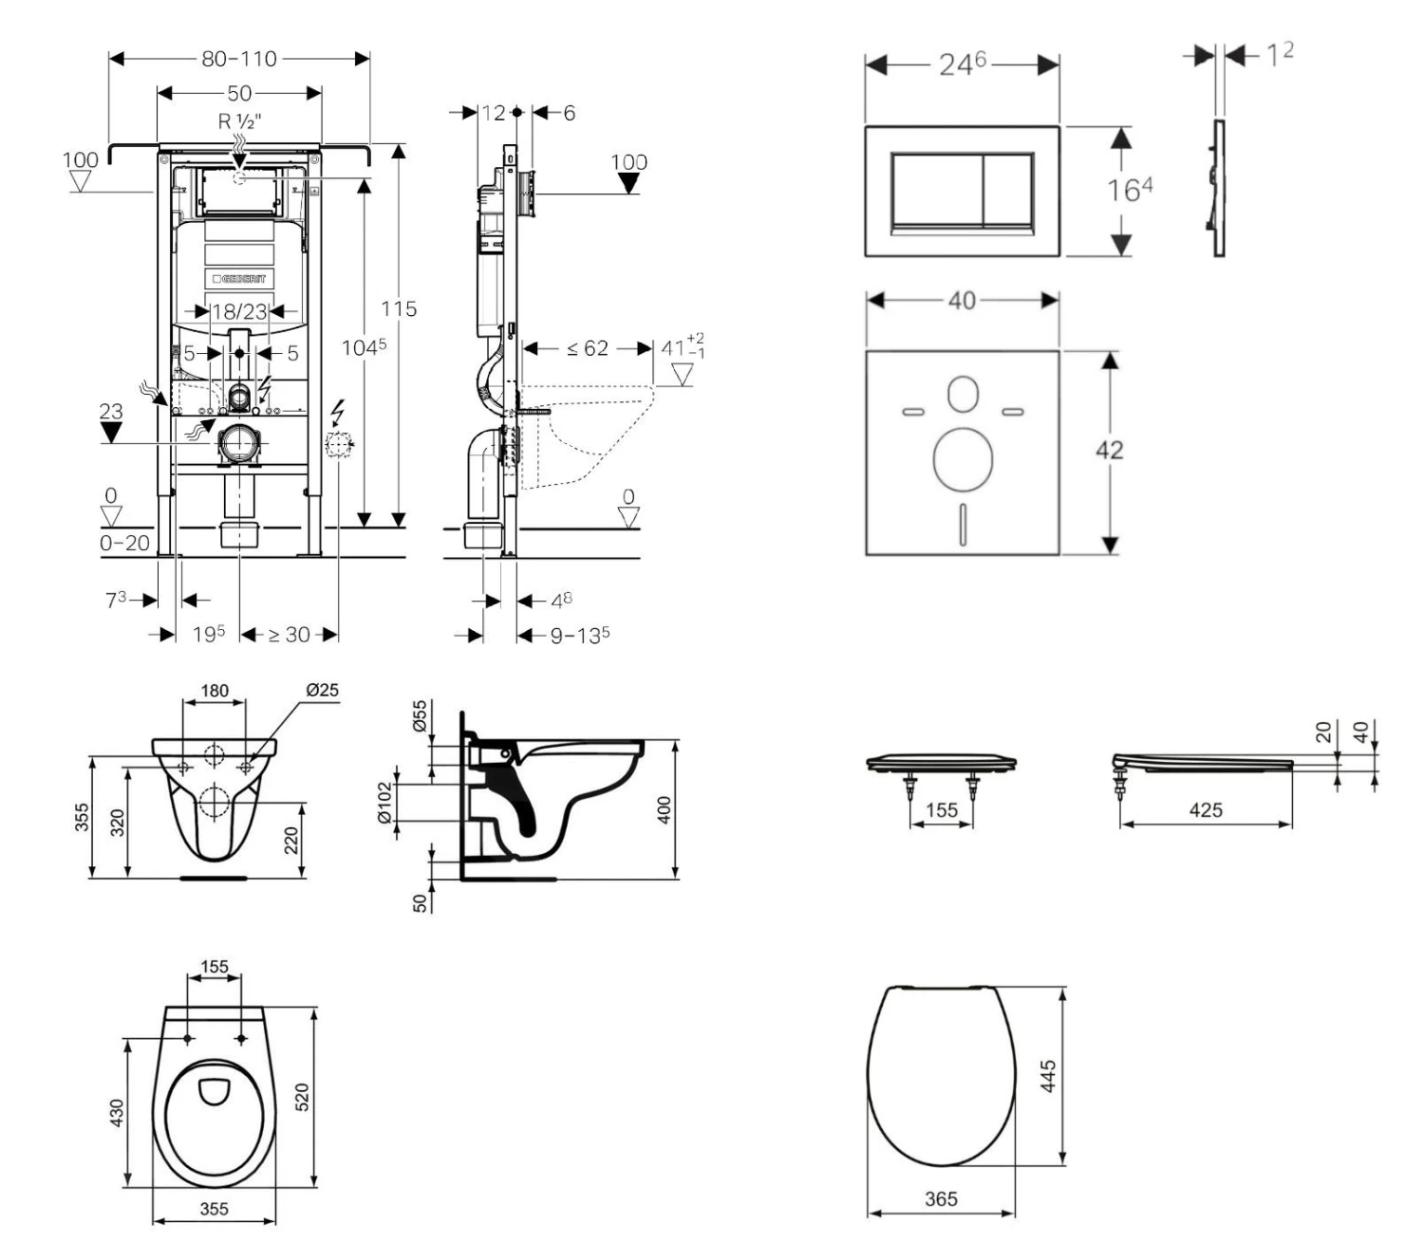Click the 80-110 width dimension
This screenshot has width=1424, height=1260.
pos(239,59)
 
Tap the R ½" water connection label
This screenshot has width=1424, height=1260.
pos(239,120)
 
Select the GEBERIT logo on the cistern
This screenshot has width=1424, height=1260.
pos(239,278)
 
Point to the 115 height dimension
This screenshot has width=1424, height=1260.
pos(399,309)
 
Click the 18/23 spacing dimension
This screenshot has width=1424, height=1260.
pos(239,311)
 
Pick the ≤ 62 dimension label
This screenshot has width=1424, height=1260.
pos(588,348)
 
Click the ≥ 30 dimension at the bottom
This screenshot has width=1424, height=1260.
pos(289,635)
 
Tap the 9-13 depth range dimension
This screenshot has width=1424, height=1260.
pos(579,635)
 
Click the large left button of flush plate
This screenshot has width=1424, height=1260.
pos(935,190)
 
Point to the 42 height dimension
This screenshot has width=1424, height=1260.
pos(1109,450)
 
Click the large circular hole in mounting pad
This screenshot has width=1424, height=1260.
pos(963,459)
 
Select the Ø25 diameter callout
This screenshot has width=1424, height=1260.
pos(322,691)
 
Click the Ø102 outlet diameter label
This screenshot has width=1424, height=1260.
pos(384,804)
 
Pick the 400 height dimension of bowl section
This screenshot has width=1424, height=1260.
pos(665,809)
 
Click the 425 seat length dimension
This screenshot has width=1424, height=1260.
pos(1205,810)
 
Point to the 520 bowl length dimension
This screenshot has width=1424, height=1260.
pos(304,1098)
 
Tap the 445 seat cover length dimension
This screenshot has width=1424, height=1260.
pos(1048,1077)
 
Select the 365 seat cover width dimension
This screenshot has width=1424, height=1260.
pos(941,1199)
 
